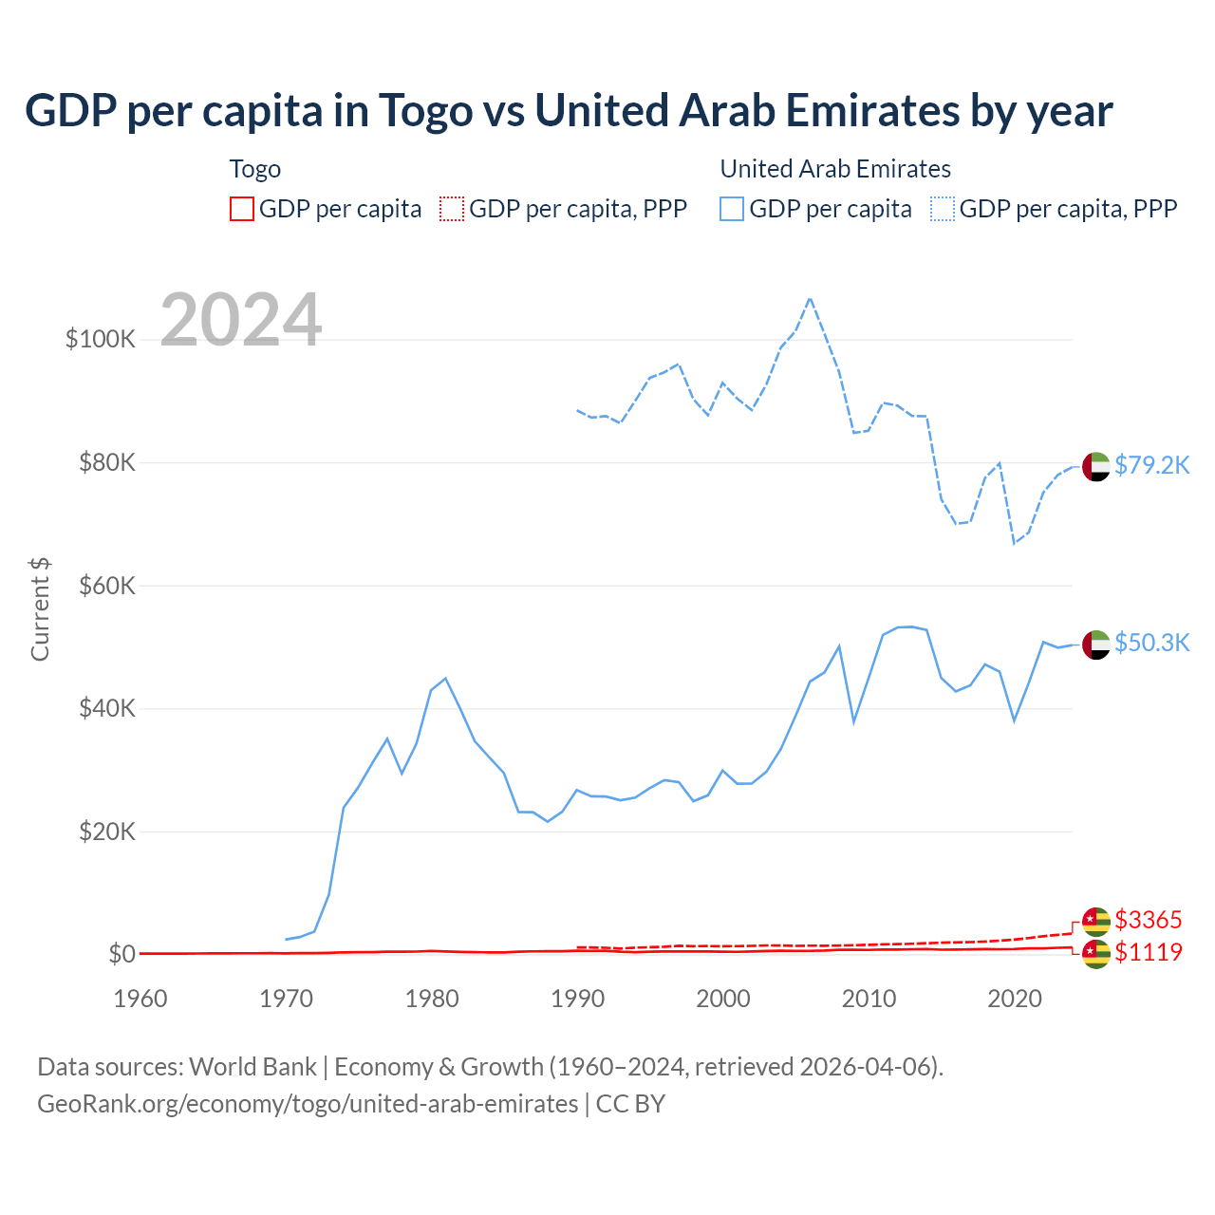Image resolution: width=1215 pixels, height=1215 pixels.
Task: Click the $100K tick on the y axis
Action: (101, 339)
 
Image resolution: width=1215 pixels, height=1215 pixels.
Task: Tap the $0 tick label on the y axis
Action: (121, 954)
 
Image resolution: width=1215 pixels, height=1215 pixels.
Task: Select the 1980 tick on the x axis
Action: (432, 999)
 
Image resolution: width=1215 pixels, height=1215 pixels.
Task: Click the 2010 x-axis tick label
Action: (869, 999)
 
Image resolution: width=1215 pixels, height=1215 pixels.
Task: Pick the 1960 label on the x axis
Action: (140, 999)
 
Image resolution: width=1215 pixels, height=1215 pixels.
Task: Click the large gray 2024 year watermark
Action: (241, 320)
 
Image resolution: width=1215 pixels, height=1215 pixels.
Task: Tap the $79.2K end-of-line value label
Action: (1151, 465)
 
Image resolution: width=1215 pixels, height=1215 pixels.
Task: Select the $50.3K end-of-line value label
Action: (1151, 643)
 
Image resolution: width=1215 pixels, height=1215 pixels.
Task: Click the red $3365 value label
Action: (1148, 920)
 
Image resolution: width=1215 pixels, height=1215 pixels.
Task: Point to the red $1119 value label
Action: (1148, 952)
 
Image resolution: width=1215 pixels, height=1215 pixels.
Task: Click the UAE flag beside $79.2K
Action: (1096, 467)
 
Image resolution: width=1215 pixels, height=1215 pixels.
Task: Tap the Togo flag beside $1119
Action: (1096, 954)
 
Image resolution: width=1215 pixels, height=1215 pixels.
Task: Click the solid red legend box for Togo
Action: (242, 209)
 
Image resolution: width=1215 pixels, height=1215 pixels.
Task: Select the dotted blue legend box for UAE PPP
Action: (943, 209)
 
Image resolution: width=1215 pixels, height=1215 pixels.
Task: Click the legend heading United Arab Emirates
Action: (835, 169)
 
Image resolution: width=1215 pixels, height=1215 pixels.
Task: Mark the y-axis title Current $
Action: (40, 609)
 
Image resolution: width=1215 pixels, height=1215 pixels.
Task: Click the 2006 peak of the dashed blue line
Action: (810, 299)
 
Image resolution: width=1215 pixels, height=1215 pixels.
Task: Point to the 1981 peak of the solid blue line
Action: (445, 679)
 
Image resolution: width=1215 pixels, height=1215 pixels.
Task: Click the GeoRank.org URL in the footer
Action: (308, 1104)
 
